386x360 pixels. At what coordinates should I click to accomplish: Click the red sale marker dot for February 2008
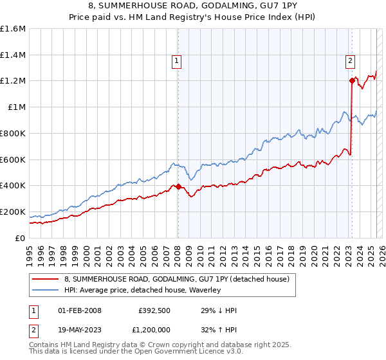point(178,186)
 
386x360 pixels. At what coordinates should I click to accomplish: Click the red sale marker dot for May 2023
point(352,80)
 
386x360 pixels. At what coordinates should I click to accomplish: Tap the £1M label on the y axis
point(17,107)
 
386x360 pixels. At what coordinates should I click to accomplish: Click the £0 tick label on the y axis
point(21,238)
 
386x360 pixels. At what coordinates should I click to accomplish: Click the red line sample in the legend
point(46,279)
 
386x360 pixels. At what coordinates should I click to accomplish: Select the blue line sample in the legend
point(46,290)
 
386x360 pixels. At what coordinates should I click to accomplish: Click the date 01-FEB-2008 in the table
point(80,311)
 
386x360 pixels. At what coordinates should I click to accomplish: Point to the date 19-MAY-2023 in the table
point(80,329)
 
